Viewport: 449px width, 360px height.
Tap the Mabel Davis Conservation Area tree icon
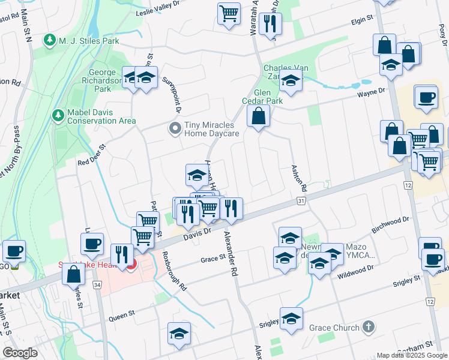(58, 114)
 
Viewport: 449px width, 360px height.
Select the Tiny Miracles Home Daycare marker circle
(175, 128)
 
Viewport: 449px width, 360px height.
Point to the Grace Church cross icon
(369, 328)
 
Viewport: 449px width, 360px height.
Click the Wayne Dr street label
(370, 92)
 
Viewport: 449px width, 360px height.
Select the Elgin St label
(362, 20)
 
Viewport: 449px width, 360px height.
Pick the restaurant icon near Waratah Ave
(271, 23)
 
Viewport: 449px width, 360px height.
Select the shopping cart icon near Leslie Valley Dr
(229, 13)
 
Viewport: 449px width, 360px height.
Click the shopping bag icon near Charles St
(73, 274)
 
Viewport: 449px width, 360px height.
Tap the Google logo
(20, 352)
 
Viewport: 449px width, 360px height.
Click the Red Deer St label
(91, 154)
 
